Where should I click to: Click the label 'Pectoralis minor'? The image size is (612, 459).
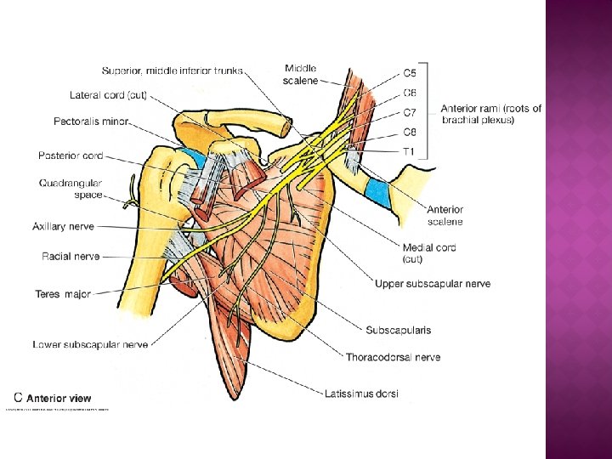coord(91,122)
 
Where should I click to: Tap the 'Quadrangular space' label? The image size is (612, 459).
coord(71,189)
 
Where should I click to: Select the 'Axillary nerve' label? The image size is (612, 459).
coord(63,227)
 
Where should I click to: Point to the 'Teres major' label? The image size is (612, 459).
coord(63,294)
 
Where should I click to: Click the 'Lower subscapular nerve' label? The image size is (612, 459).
coord(90,344)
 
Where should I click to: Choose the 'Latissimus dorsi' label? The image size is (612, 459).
coord(361,394)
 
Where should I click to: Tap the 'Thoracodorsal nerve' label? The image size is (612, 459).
coord(393,358)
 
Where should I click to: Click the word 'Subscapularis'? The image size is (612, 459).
coord(398,330)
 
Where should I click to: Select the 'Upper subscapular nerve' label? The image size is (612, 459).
coord(433,283)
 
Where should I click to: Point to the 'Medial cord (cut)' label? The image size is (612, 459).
coord(428,253)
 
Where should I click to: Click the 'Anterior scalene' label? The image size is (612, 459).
coord(445,216)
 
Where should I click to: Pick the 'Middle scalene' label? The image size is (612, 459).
coord(301,74)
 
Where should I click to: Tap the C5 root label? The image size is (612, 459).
coord(409,73)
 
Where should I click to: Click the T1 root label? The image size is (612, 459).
coord(409,151)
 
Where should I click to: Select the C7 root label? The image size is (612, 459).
coord(409,112)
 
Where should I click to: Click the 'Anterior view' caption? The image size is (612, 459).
coord(59,398)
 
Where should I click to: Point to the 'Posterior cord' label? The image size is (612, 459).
coord(71,156)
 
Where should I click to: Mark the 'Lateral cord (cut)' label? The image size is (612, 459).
coord(108,95)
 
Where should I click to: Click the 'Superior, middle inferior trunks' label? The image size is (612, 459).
coord(173,71)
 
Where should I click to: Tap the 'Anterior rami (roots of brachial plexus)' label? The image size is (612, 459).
coord(490,114)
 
